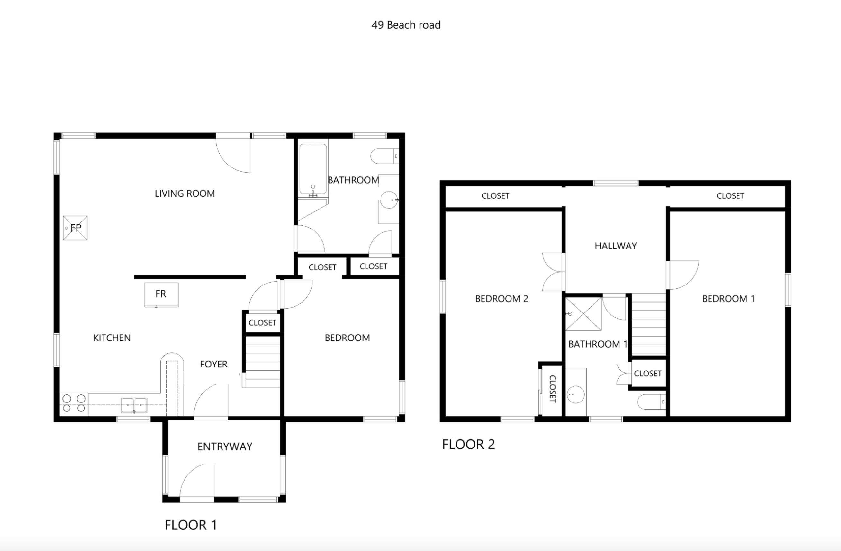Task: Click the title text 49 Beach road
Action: (406, 25)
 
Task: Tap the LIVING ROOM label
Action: (185, 194)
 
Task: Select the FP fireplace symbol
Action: (75, 228)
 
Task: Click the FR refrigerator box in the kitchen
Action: (161, 294)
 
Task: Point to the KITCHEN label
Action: (112, 338)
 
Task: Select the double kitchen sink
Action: (134, 405)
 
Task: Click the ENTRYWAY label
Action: (225, 447)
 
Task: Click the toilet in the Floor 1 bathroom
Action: (384, 156)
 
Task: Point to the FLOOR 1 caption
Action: (190, 525)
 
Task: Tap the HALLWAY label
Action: (616, 246)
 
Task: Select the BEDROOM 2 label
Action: (502, 299)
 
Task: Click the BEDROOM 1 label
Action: (728, 299)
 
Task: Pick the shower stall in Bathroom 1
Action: (583, 314)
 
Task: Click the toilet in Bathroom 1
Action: (651, 402)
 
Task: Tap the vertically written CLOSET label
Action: (552, 389)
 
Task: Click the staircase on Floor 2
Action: (649, 324)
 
